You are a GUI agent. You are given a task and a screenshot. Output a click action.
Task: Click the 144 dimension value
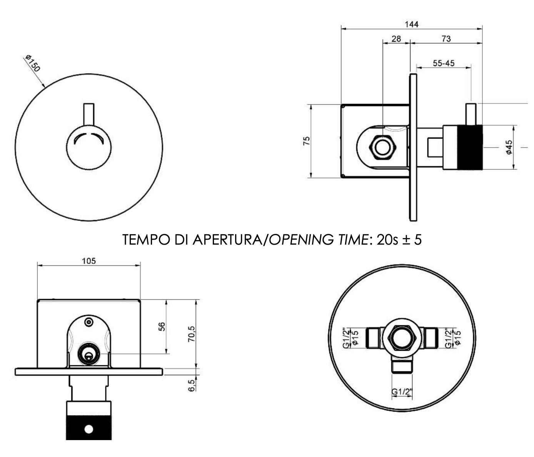click(411, 24)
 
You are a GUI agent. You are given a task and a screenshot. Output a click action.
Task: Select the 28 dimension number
click(396, 39)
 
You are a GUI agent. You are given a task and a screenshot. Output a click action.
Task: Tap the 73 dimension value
click(446, 39)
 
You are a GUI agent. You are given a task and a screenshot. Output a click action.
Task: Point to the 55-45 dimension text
click(444, 63)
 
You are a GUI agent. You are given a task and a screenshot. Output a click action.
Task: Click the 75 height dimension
click(306, 141)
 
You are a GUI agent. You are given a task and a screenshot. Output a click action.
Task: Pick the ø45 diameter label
click(509, 147)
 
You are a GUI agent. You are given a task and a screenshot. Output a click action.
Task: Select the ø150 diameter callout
click(33, 63)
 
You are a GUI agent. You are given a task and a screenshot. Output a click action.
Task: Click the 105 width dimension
click(89, 261)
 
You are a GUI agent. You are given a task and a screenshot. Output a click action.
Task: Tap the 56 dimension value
click(162, 327)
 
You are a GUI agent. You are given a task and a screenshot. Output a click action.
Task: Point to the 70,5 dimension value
click(192, 334)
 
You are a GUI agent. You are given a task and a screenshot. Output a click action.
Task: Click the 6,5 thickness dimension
click(192, 386)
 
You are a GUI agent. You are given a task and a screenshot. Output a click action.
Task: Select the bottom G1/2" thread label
click(402, 392)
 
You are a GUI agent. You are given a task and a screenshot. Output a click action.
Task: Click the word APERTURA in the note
click(227, 240)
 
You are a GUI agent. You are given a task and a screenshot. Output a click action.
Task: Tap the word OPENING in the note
click(301, 240)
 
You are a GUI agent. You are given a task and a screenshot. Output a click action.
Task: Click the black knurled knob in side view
click(470, 147)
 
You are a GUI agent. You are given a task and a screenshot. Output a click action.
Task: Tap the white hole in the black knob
click(88, 429)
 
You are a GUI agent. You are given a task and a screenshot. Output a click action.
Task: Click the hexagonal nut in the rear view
click(402, 338)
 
